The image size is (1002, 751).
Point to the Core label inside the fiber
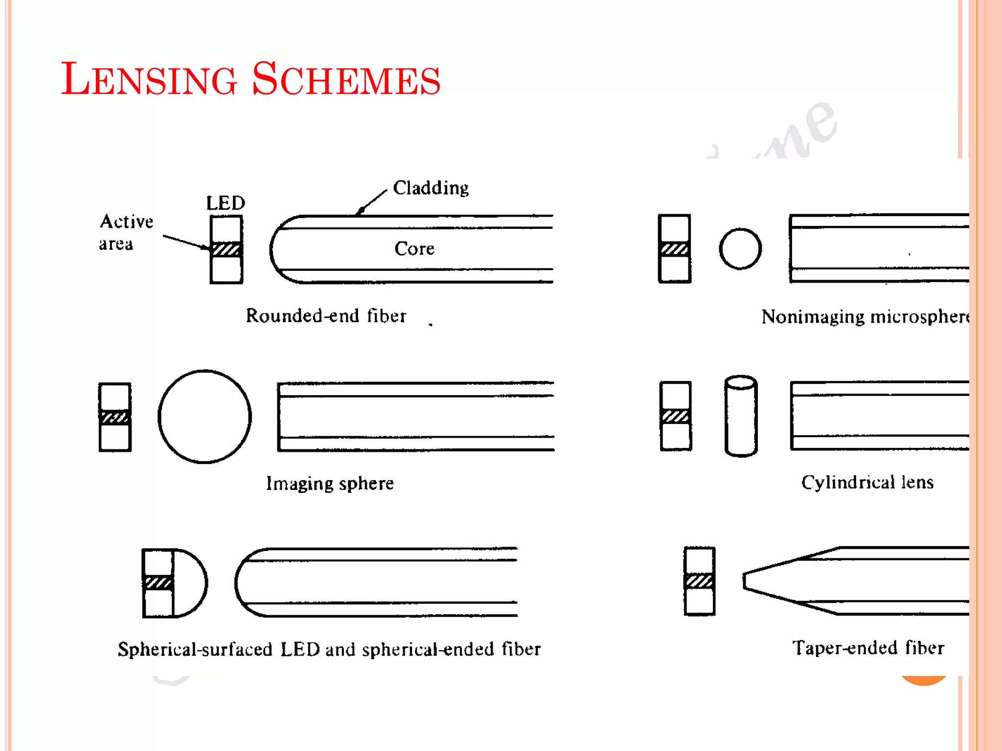(414, 249)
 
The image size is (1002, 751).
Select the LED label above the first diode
(226, 203)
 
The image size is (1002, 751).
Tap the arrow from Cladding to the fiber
(373, 201)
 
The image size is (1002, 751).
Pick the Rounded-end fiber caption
(326, 316)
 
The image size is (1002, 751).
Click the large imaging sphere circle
(205, 417)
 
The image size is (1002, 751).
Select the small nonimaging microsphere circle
(740, 249)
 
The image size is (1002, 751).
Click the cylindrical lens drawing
(741, 416)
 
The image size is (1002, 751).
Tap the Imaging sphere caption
(330, 484)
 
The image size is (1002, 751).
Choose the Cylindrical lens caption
(867, 483)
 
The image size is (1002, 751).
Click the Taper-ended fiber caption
(868, 648)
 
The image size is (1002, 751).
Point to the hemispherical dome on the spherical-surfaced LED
(190, 583)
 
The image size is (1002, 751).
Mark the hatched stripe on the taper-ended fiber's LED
(699, 581)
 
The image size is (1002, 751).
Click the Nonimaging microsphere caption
(865, 317)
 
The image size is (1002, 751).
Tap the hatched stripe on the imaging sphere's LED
(114, 417)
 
